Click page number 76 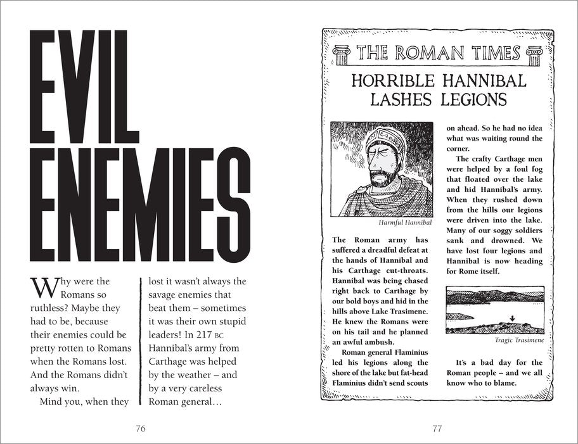tap(141, 429)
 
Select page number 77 tap(436, 429)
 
